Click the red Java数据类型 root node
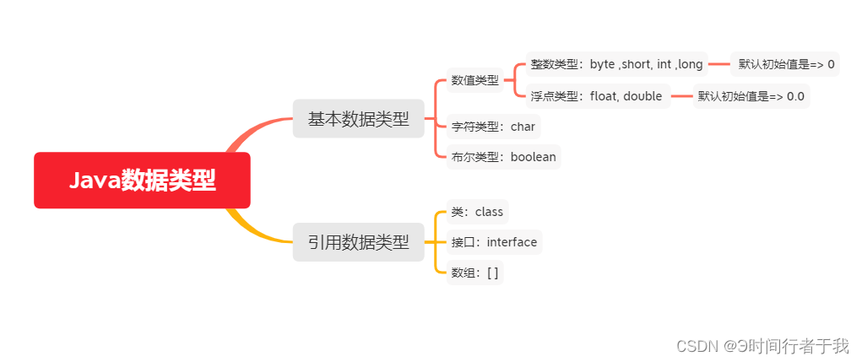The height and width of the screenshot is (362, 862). point(142,180)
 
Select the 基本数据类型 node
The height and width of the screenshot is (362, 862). point(358,119)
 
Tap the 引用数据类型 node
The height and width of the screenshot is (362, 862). point(358,242)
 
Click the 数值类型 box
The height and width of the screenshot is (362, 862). point(474,80)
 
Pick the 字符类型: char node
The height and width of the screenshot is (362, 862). point(493,127)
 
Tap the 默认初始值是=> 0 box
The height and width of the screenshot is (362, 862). point(785,64)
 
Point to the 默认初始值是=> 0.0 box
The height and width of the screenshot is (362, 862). point(751,95)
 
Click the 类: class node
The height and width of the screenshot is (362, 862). point(477,211)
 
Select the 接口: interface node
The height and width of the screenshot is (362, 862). point(494,242)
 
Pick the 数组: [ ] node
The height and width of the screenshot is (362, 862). point(474,273)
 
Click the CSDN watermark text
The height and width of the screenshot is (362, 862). point(751,345)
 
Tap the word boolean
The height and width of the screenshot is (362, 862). point(533,156)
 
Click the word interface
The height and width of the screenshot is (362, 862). point(512,242)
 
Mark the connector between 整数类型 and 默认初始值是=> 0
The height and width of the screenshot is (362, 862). point(718,64)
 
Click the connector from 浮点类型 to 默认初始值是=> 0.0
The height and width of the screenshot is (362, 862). point(681,95)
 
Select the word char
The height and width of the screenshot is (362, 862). point(523,127)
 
